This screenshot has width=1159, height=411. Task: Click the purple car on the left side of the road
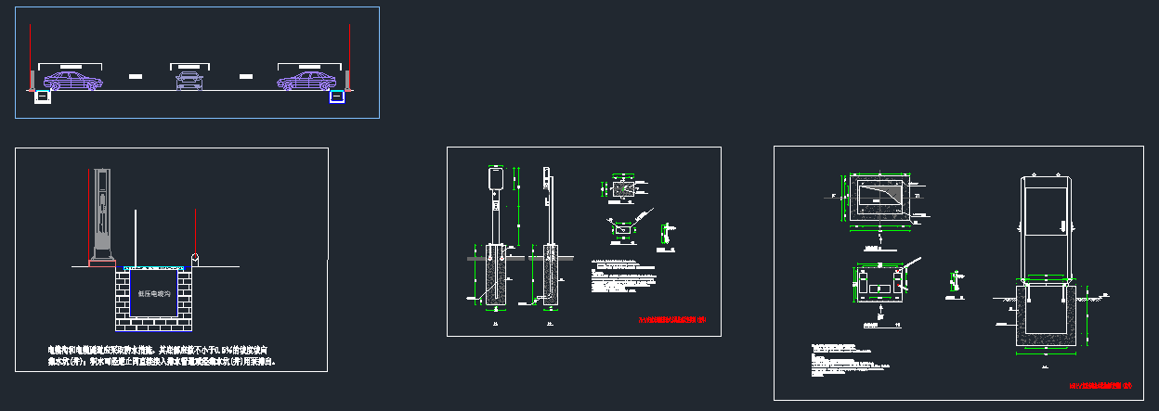click(x=72, y=82)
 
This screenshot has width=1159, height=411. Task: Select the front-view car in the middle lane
click(x=189, y=82)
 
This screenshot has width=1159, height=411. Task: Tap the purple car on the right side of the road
click(x=306, y=82)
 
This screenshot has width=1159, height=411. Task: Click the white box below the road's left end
click(x=42, y=96)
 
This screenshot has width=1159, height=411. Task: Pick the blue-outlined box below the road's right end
click(x=337, y=96)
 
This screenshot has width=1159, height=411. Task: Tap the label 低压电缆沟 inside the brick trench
click(x=155, y=293)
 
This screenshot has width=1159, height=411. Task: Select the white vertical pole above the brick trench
click(x=136, y=237)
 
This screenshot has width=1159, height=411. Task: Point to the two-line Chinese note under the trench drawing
click(x=163, y=355)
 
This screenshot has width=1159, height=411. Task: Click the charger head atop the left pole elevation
click(x=493, y=177)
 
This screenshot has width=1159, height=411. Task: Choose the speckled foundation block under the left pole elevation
click(x=494, y=276)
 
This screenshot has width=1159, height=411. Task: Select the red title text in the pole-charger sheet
click(x=673, y=320)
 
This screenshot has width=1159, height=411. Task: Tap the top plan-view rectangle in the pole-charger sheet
click(x=624, y=189)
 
